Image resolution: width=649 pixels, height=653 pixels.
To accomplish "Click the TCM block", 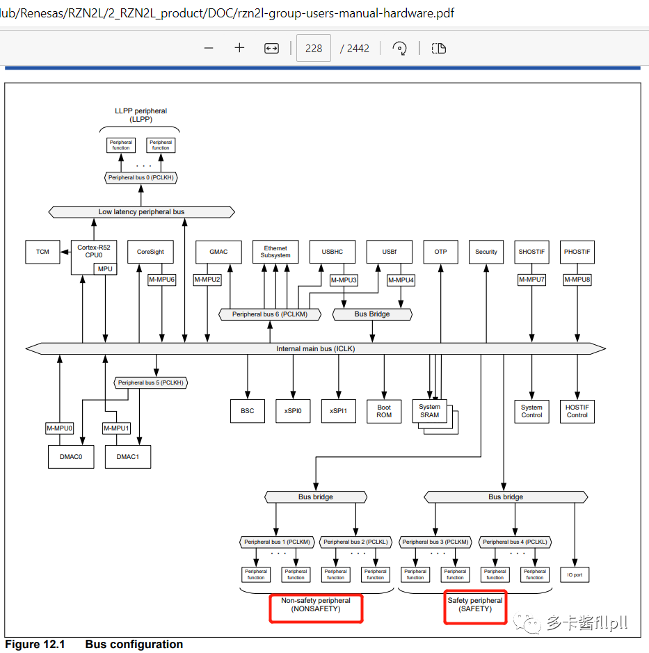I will pos(43,252).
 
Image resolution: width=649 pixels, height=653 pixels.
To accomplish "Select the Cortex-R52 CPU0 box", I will pos(93,252).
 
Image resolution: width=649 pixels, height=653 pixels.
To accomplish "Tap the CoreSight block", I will pos(150,252).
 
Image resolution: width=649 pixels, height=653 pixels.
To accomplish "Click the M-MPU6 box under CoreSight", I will pos(161,280).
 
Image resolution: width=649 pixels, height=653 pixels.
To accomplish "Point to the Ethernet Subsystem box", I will pos(275,252).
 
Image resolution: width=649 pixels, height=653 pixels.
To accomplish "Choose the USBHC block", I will pos(332,252).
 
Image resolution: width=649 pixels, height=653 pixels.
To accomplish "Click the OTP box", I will pos(440,252).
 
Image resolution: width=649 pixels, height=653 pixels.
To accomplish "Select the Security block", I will pos(486,252).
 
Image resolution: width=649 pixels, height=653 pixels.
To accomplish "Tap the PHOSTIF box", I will pos(577,252).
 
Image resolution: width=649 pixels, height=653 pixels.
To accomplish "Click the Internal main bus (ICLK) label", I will pos(315,348).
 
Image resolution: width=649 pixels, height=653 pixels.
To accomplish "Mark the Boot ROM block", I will pos(384,411).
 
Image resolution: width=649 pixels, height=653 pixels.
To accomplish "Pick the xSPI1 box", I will pos(338,411).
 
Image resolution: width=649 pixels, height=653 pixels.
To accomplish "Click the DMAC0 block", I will pos(71,457).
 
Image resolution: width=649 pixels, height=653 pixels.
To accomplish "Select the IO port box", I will pos(575,575).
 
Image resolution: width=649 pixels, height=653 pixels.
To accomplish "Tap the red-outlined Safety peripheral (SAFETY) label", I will pos(475,604).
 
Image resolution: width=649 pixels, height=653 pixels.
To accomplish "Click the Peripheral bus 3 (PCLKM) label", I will pos(435,542).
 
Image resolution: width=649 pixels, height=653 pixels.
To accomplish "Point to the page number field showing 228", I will pos(314,48).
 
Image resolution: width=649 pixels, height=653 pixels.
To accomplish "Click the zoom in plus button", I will pos(239,48).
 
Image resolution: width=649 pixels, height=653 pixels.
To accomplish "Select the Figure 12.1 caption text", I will pos(94,644).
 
